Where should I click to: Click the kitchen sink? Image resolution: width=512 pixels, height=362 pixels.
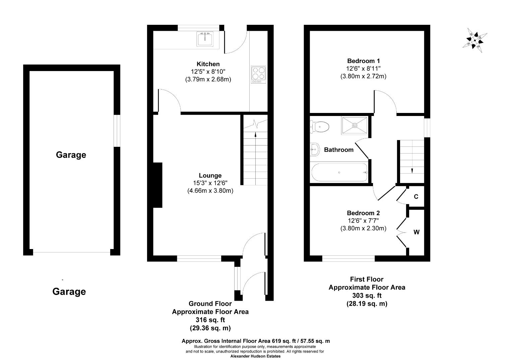click(x=205, y=39)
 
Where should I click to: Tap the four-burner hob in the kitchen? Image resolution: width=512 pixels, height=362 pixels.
click(x=258, y=74)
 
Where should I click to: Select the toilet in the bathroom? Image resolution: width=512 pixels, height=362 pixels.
click(x=320, y=127)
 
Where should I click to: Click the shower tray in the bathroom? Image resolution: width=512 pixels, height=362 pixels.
click(x=355, y=125)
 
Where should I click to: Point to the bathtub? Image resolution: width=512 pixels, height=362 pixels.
click(x=339, y=172)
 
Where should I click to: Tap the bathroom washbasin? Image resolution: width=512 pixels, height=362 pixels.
click(x=315, y=149)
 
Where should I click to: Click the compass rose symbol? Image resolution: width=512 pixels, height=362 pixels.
click(x=475, y=41)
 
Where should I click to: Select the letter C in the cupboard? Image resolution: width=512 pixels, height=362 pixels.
click(x=416, y=197)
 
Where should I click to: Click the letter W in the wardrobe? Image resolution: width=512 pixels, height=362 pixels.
click(x=417, y=232)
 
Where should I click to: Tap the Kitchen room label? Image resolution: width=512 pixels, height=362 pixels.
click(x=208, y=64)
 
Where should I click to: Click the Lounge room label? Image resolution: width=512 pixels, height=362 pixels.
click(x=210, y=175)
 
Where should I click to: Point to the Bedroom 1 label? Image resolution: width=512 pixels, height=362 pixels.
click(x=364, y=61)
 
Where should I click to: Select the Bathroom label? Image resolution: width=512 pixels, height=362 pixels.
click(x=339, y=150)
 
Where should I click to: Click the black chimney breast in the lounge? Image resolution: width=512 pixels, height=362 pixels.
click(x=157, y=185)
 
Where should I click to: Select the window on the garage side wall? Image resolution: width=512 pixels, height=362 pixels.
click(x=117, y=131)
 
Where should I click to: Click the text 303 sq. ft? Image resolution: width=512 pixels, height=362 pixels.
click(x=367, y=296)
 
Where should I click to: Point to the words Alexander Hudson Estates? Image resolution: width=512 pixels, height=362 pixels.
click(x=255, y=356)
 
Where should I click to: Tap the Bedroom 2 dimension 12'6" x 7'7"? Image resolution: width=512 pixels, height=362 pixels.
click(x=364, y=221)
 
